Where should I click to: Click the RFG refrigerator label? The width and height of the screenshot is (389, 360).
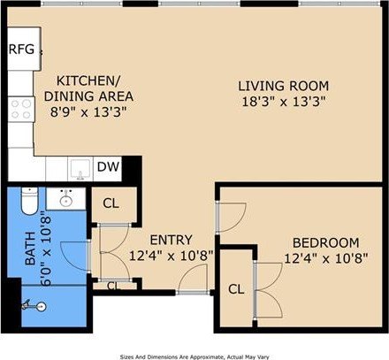21,49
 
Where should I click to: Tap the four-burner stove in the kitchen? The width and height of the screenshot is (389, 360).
20,110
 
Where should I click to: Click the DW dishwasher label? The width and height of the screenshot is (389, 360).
108,166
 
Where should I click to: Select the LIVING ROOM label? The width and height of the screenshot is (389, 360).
283,86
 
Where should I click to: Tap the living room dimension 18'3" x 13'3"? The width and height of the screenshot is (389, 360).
283,101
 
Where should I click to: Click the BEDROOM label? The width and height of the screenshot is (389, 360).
325,242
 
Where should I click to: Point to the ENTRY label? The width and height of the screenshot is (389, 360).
170,240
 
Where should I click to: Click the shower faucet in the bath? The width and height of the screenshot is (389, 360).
33,305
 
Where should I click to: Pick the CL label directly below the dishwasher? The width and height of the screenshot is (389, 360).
110,203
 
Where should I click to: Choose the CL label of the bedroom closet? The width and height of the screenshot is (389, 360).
235,288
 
